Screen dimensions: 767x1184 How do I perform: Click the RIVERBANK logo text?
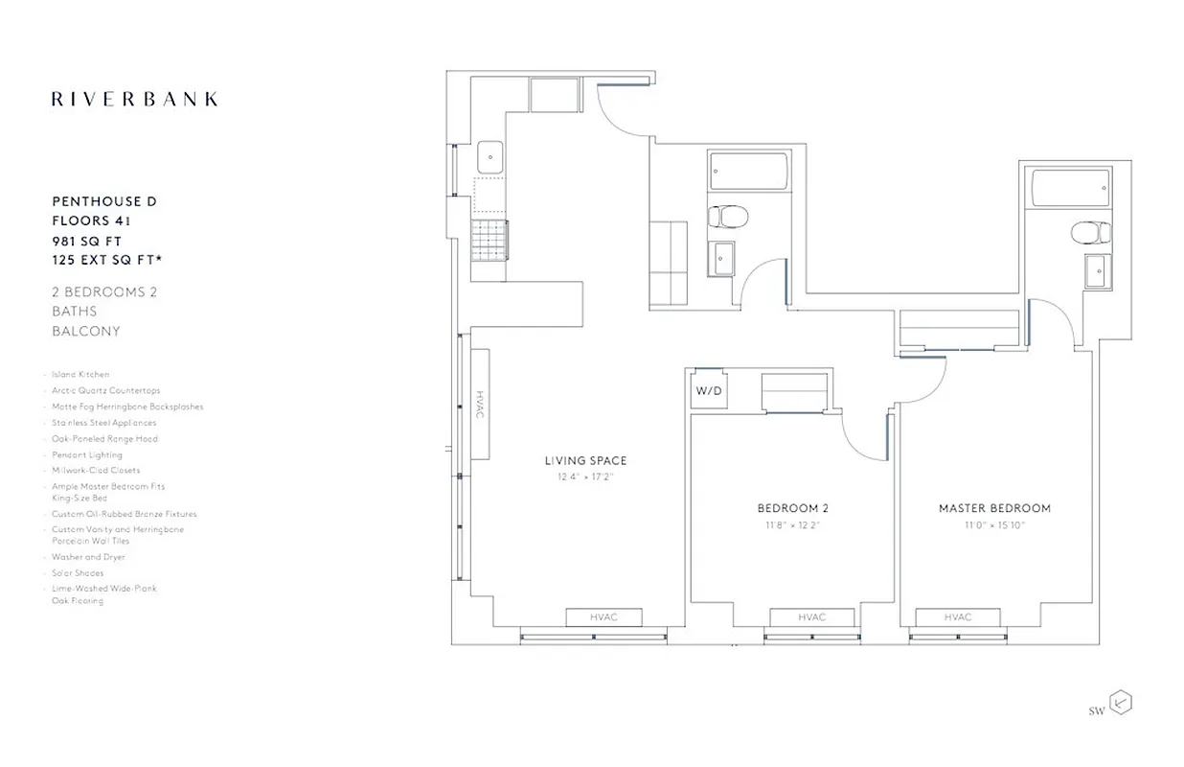point(134,99)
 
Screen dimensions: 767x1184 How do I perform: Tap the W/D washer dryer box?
point(709,391)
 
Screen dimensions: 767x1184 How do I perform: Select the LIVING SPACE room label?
point(585,461)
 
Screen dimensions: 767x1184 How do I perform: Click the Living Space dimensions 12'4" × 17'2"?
point(585,476)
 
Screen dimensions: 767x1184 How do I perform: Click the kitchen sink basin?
point(490,156)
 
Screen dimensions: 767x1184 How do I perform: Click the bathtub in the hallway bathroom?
point(749,174)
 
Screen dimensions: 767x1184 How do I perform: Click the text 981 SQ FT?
point(87,241)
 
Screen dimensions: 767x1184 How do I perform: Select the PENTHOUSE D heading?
point(103,201)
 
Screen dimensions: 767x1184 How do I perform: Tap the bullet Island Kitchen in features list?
point(80,375)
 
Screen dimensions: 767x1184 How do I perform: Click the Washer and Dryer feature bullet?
point(88,557)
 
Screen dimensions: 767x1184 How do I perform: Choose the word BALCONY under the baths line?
point(86,331)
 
